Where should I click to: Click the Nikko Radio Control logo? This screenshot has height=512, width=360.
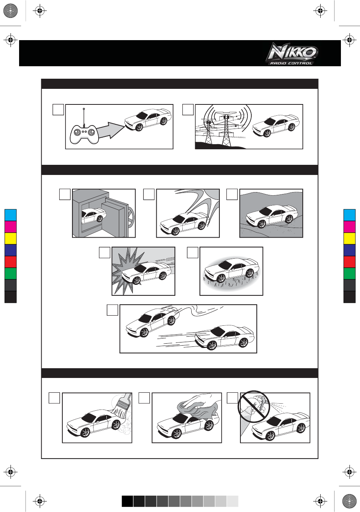[x=293, y=54]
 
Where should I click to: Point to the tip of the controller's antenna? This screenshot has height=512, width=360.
[x=84, y=109]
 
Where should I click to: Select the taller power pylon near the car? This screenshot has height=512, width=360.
[x=226, y=130]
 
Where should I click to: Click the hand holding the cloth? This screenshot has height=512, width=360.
[x=201, y=401]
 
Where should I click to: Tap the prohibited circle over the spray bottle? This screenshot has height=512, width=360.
[x=254, y=407]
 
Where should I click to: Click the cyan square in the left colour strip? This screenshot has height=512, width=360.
[x=11, y=215]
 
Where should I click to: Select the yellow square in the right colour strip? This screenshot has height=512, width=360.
[x=349, y=238]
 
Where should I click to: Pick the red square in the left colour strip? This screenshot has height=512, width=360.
[x=11, y=262]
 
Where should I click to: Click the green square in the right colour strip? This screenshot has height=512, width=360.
[x=349, y=274]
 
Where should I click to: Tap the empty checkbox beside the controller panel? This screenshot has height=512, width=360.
[x=58, y=110]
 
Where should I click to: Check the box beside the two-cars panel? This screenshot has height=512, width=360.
[x=113, y=310]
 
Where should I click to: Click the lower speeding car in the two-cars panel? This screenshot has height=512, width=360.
[x=224, y=337]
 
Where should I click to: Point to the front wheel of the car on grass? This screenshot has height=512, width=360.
[x=221, y=278]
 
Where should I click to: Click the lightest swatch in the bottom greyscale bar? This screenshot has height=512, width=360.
[x=233, y=501]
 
